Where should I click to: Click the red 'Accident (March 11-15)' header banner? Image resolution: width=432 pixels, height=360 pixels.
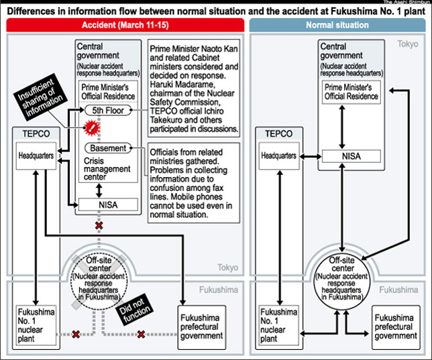tap(125, 25)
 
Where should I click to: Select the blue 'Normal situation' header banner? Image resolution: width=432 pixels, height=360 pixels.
tap(337, 25)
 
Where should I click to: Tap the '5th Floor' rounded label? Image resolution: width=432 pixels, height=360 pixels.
tap(108, 111)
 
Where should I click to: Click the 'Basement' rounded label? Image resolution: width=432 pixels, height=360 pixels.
tap(108, 148)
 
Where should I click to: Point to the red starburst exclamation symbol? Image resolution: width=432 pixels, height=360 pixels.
tap(91, 127)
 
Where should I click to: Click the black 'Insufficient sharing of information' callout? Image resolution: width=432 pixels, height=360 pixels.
tap(40, 97)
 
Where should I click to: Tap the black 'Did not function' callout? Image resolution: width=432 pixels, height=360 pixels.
tap(134, 310)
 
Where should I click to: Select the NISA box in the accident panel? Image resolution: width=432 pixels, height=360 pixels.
tap(108, 204)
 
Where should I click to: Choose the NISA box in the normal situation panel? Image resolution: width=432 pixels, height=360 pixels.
tap(352, 156)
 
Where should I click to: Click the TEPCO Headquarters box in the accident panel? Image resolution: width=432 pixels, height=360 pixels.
tap(36, 156)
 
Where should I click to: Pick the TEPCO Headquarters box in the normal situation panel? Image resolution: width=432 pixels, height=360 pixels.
tap(279, 156)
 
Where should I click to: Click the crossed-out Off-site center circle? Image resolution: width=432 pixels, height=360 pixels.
tap(99, 281)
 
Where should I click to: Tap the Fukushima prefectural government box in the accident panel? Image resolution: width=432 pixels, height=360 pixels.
tap(202, 327)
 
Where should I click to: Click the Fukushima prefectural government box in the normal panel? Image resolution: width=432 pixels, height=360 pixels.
tap(396, 327)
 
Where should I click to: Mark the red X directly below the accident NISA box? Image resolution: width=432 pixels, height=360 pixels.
tap(99, 225)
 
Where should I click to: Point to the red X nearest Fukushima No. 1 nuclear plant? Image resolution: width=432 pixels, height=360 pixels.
tap(76, 335)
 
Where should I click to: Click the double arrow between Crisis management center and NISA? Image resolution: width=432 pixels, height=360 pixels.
tap(99, 190)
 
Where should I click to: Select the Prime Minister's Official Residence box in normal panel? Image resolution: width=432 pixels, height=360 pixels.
tap(352, 92)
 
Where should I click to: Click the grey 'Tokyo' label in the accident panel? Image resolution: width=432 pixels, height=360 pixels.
tap(228, 267)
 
